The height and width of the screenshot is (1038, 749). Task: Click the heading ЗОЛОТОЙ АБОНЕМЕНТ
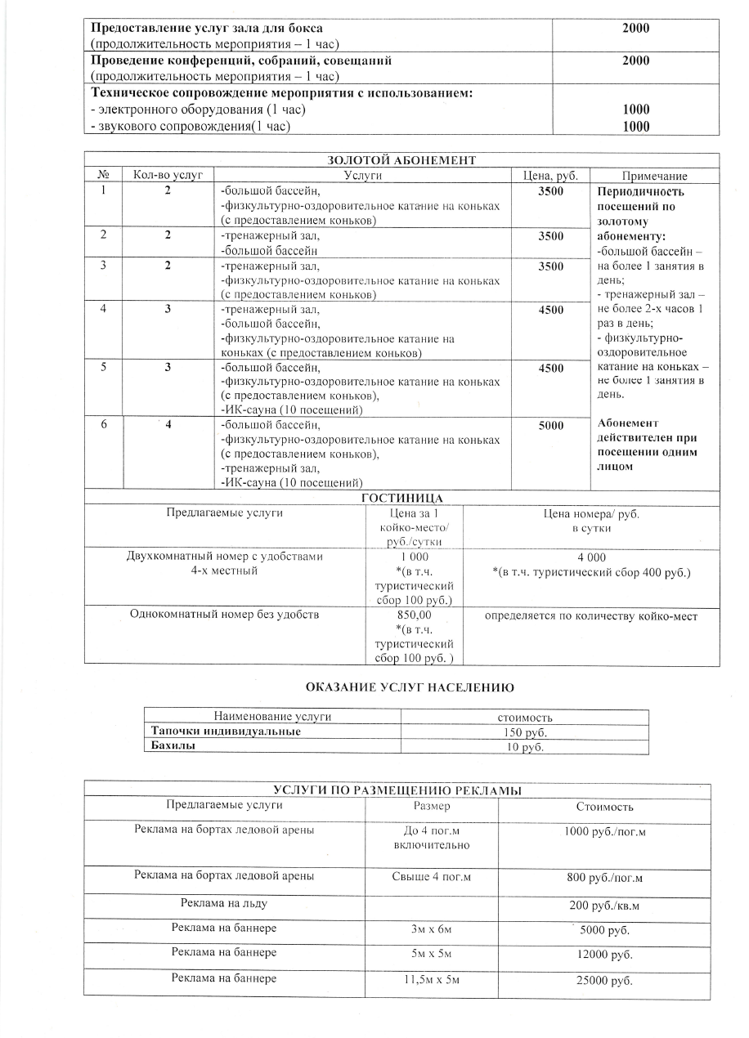(401, 160)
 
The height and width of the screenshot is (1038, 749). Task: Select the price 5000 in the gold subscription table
(550, 426)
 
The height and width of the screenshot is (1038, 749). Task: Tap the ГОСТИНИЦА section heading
(401, 499)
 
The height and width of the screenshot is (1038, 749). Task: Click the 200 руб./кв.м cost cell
(604, 906)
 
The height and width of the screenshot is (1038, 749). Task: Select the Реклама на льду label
(224, 903)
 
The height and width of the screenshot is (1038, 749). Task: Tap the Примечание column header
(654, 177)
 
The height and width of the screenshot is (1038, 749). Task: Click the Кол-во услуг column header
(168, 176)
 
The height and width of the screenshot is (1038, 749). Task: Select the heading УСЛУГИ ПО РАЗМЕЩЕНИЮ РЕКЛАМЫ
(397, 790)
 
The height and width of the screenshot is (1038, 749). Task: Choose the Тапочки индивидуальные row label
(225, 732)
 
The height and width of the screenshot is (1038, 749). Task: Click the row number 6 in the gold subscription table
(105, 426)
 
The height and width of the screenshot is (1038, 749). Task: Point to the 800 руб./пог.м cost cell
(604, 879)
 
